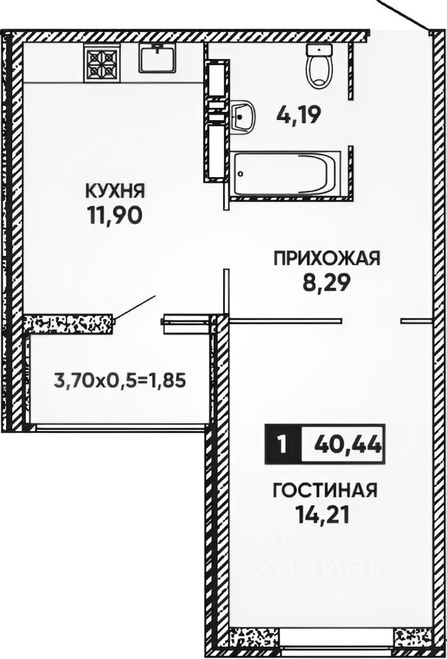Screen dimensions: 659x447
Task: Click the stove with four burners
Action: pyautogui.click(x=102, y=60)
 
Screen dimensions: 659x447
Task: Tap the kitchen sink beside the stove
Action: pyautogui.click(x=159, y=58)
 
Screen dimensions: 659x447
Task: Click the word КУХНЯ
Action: pyautogui.click(x=115, y=189)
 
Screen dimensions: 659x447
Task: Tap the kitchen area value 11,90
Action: pyautogui.click(x=115, y=216)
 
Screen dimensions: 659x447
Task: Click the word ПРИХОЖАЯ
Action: pyautogui.click(x=326, y=258)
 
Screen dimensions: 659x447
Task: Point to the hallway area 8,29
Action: pyautogui.click(x=327, y=283)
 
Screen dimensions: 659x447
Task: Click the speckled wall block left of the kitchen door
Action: pyautogui.click(x=69, y=323)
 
